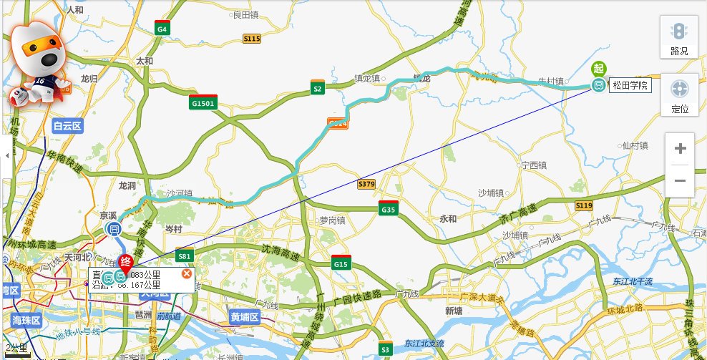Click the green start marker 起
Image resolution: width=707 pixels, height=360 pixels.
599,69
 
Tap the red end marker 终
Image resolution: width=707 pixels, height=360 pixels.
126,261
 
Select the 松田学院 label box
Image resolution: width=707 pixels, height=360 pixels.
630,86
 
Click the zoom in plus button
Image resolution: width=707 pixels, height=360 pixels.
680,149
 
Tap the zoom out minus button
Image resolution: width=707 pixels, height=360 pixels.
680,181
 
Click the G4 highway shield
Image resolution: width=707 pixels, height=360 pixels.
163,29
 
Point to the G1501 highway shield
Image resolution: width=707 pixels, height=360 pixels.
204,102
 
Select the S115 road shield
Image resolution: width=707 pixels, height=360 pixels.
252,39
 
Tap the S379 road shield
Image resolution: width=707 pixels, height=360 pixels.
366,184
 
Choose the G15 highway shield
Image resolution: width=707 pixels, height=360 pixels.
341,263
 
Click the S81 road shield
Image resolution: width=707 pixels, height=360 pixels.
185,256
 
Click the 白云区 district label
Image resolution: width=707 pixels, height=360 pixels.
68,126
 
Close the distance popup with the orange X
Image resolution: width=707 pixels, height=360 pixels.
187,274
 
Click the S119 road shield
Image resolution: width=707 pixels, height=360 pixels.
584,206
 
